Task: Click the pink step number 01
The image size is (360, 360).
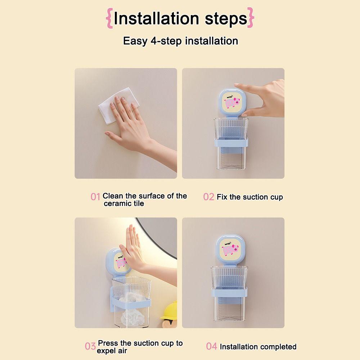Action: [95, 197]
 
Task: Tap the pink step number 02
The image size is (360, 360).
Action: [208, 197]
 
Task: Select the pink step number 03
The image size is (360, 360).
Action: [90, 346]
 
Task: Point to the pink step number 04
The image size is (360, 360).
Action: [211, 346]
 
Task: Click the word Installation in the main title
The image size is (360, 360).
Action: [156, 18]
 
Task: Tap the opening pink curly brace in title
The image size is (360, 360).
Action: [109, 18]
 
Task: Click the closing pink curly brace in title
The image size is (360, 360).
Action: [251, 18]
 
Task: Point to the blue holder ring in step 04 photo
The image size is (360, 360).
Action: [229, 292]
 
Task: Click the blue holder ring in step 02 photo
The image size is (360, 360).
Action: [231, 143]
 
